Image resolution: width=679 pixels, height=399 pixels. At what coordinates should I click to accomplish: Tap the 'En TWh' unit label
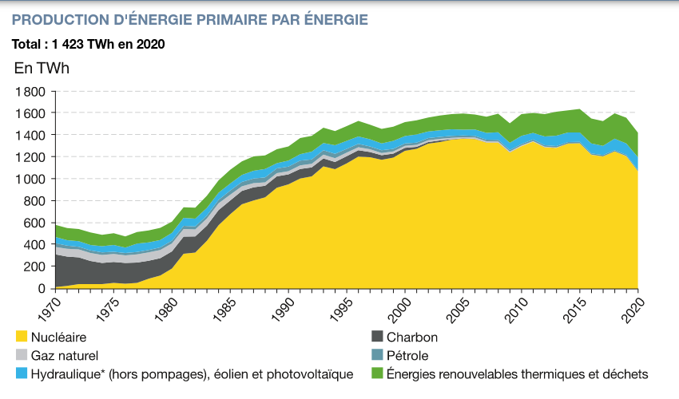(x=42, y=68)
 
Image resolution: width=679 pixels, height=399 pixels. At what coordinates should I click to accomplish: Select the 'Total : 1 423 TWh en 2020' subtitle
(x=89, y=44)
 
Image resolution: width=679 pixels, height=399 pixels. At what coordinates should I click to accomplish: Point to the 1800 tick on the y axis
(x=30, y=92)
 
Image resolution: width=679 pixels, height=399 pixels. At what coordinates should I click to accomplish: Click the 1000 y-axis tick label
(x=30, y=179)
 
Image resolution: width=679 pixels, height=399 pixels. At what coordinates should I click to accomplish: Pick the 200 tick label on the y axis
(x=33, y=266)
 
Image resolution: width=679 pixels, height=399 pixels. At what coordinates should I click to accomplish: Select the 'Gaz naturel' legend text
(x=65, y=355)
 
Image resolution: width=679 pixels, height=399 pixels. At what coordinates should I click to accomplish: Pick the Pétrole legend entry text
(x=408, y=355)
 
